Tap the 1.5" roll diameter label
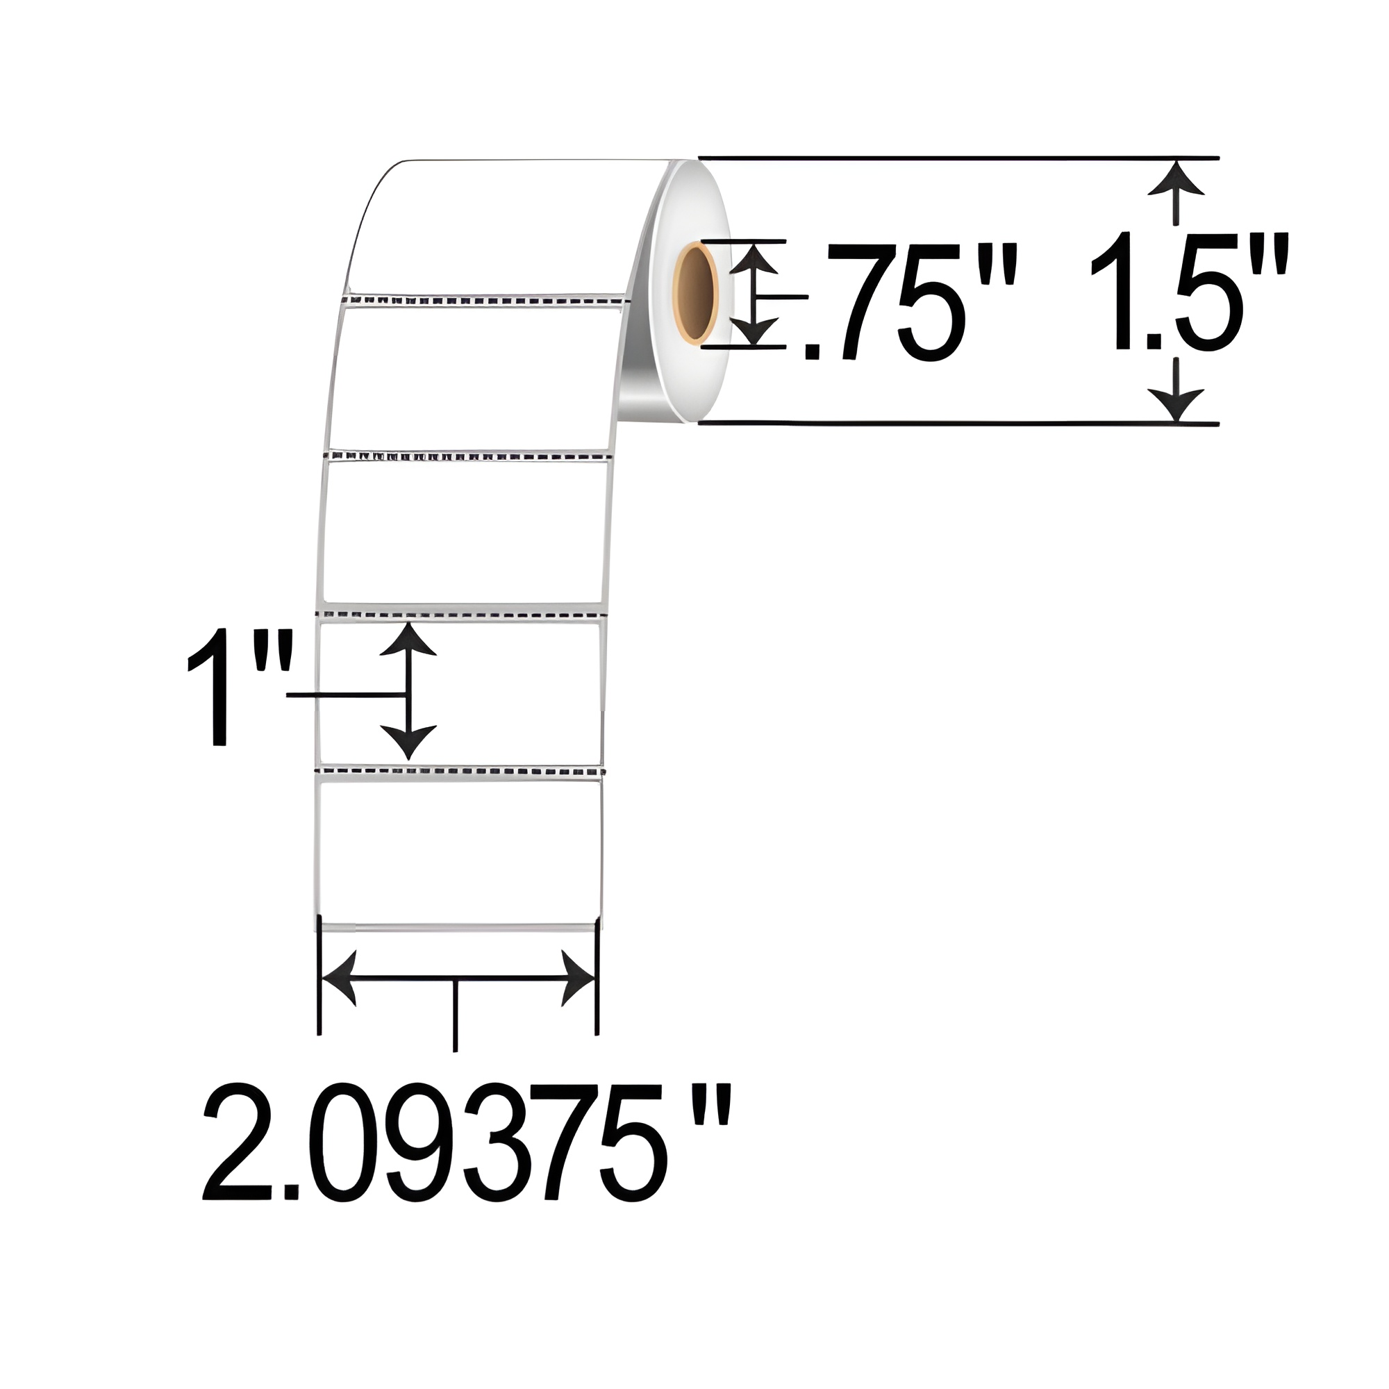[1186, 293]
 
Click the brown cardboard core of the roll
[696, 293]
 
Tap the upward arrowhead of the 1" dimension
[408, 640]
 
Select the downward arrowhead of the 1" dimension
[408, 742]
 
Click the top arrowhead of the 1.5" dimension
[1176, 178]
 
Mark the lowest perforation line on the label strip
[460, 771]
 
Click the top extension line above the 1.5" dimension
[956, 157]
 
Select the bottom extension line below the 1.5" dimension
[956, 424]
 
